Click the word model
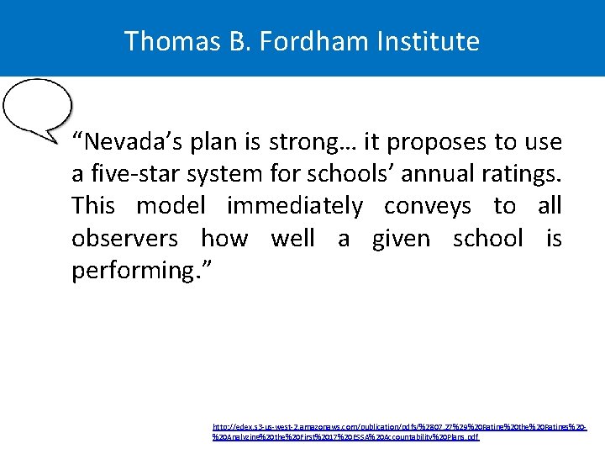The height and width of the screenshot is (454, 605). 171,206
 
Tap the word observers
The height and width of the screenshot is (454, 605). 124,239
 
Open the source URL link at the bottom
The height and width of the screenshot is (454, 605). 399,432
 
